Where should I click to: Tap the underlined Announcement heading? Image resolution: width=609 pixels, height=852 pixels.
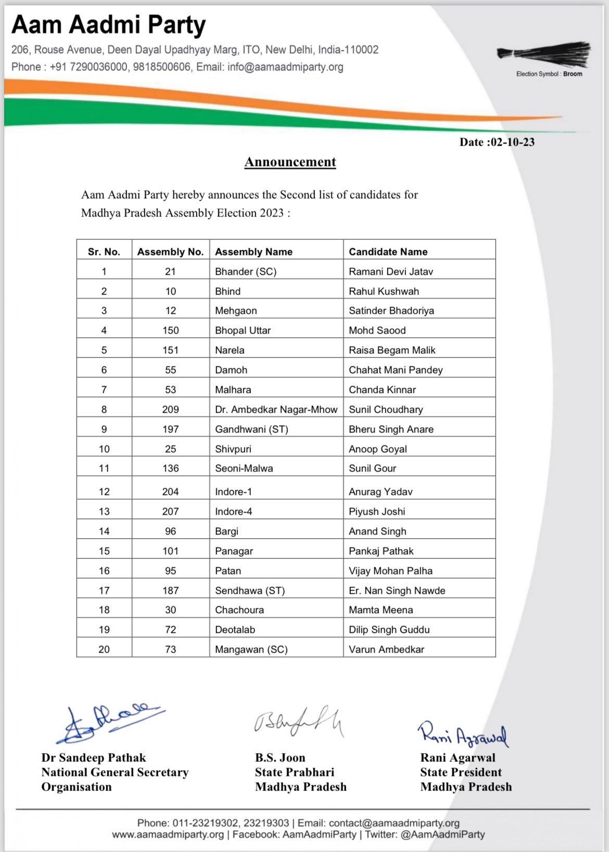click(290, 162)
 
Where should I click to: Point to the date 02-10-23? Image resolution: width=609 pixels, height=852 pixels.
click(512, 142)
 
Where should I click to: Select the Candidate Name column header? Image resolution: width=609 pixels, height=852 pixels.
click(388, 252)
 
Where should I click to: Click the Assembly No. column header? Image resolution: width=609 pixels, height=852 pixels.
click(170, 252)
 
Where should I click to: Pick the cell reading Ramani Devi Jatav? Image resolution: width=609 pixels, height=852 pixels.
click(391, 272)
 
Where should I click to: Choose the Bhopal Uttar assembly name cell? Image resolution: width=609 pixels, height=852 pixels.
click(243, 330)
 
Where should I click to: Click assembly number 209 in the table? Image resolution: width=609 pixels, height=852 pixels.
click(170, 410)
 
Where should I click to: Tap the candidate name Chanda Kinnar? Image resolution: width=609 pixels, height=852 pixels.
click(383, 390)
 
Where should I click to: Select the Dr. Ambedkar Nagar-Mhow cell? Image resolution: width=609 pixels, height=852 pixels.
click(276, 410)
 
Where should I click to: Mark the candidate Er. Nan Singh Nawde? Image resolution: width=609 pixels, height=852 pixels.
click(397, 591)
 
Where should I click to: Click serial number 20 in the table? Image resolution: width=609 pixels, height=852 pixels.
click(104, 650)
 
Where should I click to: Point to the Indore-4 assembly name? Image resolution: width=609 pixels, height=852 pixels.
click(234, 512)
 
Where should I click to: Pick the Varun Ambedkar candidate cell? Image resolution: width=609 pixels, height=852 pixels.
click(387, 650)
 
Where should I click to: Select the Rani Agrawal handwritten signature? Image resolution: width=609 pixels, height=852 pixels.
click(462, 734)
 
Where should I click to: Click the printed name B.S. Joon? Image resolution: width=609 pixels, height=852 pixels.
click(280, 758)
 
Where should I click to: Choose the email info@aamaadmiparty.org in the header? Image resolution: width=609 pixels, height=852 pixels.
click(285, 67)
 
